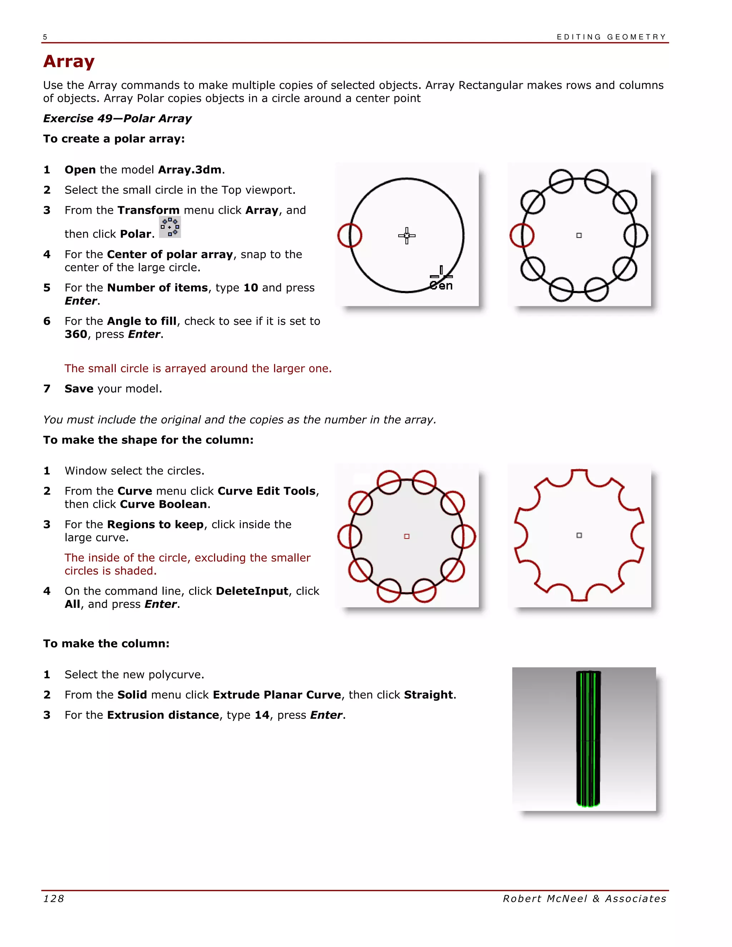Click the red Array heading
click(x=69, y=61)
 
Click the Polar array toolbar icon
click(x=169, y=227)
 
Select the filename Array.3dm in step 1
click(x=189, y=169)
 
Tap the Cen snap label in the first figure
click(x=441, y=286)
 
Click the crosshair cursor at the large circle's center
click(x=406, y=235)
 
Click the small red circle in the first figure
click(x=350, y=235)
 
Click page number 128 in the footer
click(x=54, y=899)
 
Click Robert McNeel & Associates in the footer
click(x=584, y=899)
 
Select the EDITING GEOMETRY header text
click(x=611, y=37)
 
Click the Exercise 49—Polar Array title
click(x=117, y=118)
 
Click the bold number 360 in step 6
click(x=76, y=334)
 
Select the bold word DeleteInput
click(x=252, y=591)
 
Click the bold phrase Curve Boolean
click(x=163, y=504)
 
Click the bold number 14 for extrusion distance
click(x=262, y=715)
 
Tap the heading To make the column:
click(x=106, y=644)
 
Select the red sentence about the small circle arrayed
click(x=198, y=368)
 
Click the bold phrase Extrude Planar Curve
click(x=277, y=695)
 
